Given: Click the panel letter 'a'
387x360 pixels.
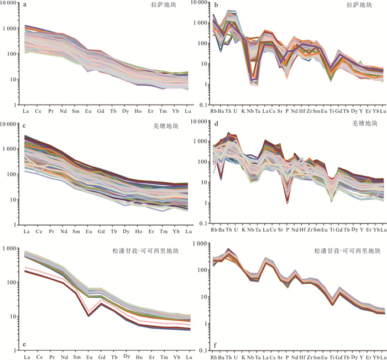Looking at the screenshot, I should pos(25,7).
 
